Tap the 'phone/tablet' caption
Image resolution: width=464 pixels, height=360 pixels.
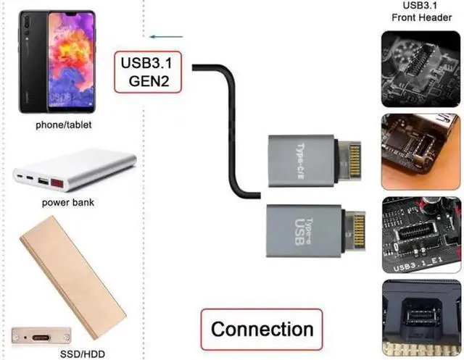pos(64,125)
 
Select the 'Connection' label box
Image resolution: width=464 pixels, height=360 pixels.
pos(261,330)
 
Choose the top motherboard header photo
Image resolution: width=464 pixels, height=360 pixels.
pos(421,64)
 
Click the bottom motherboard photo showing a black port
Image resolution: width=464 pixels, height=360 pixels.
pos(421,317)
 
